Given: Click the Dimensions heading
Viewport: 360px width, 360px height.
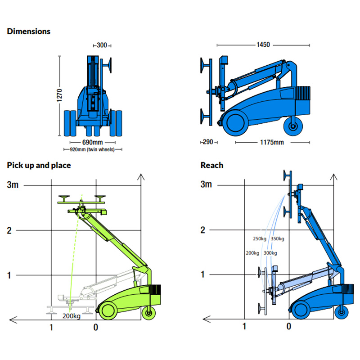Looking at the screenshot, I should click(28, 31).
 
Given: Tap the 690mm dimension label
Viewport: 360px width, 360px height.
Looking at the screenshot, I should click(93, 142).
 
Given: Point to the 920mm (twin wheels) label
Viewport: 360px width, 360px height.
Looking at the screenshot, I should click(93, 149).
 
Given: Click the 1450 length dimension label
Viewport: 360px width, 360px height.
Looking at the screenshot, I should click(263, 45).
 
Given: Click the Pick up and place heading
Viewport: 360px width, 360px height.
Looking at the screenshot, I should click(39, 165).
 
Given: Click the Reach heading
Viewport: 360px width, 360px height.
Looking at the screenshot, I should click(211, 165).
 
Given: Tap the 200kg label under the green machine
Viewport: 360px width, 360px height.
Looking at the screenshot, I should click(72, 316).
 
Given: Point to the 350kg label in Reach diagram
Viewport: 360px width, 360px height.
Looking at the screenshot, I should click(277, 238).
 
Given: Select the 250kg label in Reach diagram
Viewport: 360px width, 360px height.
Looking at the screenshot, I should click(260, 238).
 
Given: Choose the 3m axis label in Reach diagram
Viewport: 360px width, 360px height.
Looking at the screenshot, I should click(206, 184).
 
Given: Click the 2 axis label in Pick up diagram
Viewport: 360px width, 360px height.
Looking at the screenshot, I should click(9, 230).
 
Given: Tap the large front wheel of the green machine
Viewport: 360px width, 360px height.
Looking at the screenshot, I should click(108, 310).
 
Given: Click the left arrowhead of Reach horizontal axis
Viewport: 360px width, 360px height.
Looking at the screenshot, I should click(206, 319).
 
